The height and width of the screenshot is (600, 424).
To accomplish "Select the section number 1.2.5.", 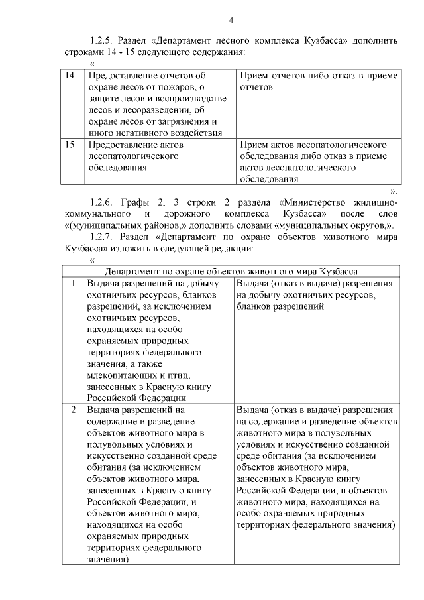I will point(103,40).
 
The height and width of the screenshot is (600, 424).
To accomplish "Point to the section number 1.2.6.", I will point(103,201).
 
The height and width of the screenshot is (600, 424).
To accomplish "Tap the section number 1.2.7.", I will point(103,237).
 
